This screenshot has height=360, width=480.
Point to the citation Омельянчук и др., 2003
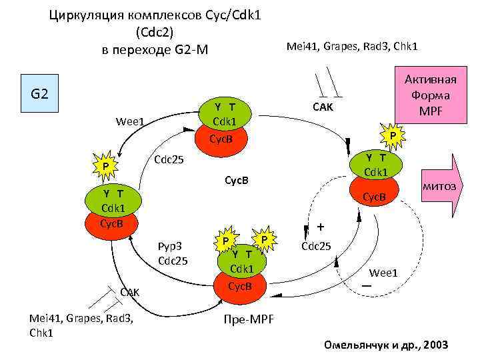pos(385,345)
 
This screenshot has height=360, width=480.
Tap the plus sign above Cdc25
pos(321,227)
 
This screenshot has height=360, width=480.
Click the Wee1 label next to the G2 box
pos(130,121)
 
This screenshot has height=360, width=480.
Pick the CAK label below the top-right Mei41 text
pos(322,107)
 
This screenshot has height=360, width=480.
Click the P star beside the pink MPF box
pos(393,136)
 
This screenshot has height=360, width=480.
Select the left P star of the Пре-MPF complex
pos(227,241)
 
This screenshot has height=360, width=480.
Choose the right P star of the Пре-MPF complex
pos(265,239)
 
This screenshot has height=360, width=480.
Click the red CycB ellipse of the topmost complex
pos(221,139)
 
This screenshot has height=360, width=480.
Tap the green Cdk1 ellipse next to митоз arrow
pos(375,165)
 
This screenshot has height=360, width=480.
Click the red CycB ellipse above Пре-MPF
pos(239,287)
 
